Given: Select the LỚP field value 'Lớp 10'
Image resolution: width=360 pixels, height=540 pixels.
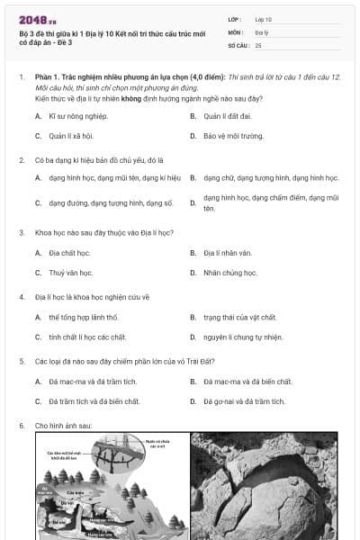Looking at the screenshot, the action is (x=264, y=19).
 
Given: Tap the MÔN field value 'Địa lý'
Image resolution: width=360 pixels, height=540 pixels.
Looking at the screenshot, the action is (x=262, y=31).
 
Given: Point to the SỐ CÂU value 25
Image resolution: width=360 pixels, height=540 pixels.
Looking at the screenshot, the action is (x=258, y=44).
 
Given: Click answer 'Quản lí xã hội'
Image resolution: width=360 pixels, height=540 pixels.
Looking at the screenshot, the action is (x=71, y=136).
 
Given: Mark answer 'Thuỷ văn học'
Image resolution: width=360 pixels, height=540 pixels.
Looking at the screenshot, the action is (x=70, y=273).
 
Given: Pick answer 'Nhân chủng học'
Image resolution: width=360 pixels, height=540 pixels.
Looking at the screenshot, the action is (x=229, y=273).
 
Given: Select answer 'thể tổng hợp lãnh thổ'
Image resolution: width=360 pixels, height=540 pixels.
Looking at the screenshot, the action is (x=83, y=317).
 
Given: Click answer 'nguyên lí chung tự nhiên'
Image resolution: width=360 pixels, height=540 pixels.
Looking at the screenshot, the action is (x=243, y=337).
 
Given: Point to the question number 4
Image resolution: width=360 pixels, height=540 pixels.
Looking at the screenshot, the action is (x=21, y=295).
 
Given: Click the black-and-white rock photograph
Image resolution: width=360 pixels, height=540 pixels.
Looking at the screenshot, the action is (x=264, y=486).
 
